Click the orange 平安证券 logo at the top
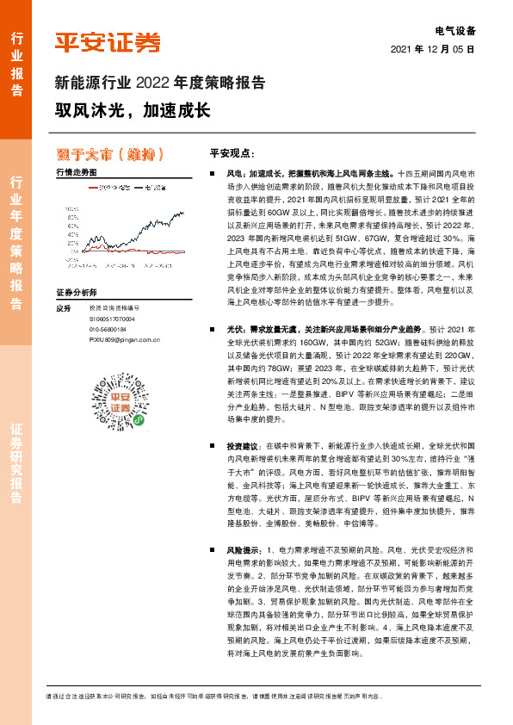[108, 43]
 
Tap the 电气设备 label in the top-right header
[456, 29]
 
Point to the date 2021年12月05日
[433, 49]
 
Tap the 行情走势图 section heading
[75, 173]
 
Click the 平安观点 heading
[233, 152]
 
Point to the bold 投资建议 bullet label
[241, 447]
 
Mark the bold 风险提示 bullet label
[241, 548]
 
